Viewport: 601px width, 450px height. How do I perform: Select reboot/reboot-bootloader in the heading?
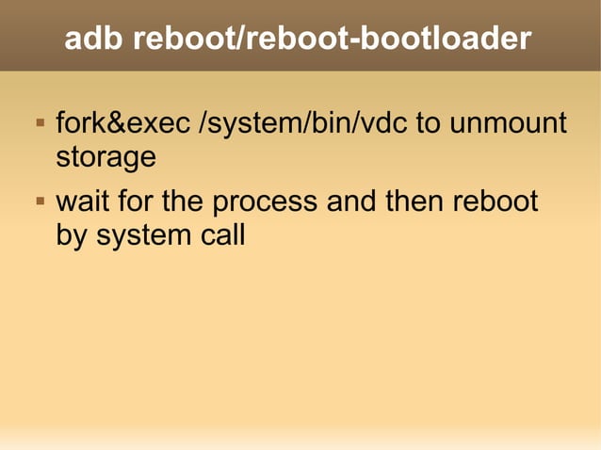[x=333, y=39]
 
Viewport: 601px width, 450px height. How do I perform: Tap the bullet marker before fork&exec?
[x=40, y=122]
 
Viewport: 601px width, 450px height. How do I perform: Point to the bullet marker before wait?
[x=40, y=201]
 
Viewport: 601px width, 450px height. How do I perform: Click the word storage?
[x=106, y=156]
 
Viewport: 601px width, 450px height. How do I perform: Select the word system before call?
[x=145, y=235]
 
